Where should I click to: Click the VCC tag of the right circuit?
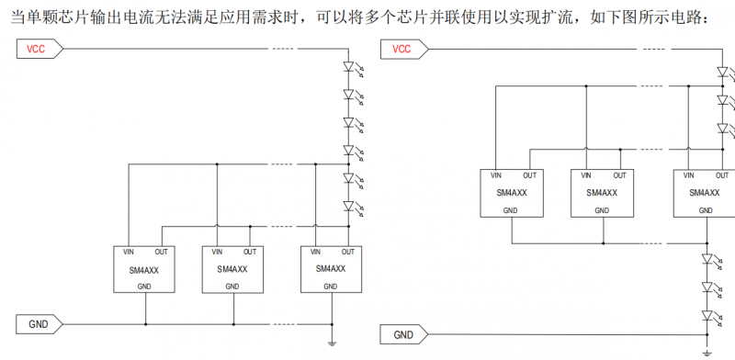click(x=404, y=49)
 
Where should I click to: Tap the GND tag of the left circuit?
click(x=39, y=323)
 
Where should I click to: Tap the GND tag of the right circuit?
click(x=404, y=334)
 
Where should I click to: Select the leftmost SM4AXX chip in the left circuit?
click(x=145, y=269)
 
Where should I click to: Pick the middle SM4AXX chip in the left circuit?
click(x=232, y=269)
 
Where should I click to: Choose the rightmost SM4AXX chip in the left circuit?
click(x=330, y=269)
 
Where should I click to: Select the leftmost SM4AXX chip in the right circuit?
click(x=512, y=193)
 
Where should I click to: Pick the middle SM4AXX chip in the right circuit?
click(x=602, y=193)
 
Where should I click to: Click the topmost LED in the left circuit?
click(x=348, y=66)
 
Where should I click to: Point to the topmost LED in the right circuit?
click(x=722, y=71)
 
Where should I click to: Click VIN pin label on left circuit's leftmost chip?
click(x=129, y=252)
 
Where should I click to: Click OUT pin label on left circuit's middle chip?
click(x=249, y=252)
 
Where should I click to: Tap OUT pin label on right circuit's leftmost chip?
click(x=530, y=174)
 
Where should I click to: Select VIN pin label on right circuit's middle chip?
click(x=585, y=174)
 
